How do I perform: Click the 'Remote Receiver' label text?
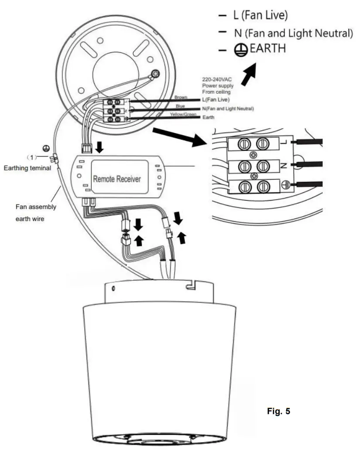coord(117,179)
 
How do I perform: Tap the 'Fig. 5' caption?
coord(278,411)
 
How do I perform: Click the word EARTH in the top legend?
coord(267,49)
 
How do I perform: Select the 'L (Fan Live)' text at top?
coord(260,16)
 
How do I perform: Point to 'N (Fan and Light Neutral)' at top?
coord(292,33)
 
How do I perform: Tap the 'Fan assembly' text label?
coord(39,207)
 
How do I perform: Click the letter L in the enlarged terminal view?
coord(283,142)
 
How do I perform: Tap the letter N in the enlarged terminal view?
coord(283,165)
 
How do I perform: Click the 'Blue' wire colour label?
coord(180,106)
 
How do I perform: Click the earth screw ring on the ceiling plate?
coord(155,74)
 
